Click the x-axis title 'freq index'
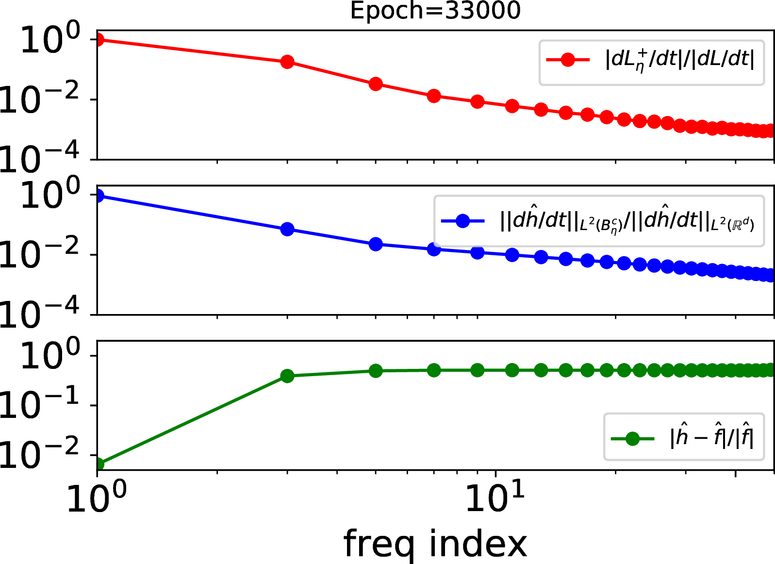pos(435,545)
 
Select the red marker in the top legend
pos(568,60)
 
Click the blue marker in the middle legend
pos(462,221)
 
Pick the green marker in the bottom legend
pos(632,439)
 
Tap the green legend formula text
pos(711,438)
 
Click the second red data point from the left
pos(287,62)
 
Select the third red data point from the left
pos(376,84)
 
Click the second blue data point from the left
pos(287,229)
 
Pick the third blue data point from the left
pos(376,244)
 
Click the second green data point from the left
pos(287,376)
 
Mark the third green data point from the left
pos(376,371)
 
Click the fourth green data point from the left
pos(434,370)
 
